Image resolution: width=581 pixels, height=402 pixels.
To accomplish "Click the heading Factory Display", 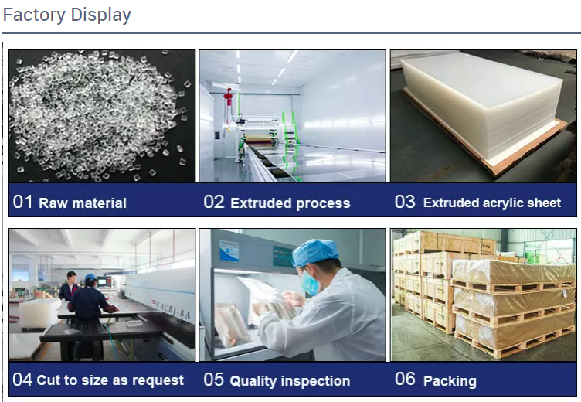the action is [x=67, y=15].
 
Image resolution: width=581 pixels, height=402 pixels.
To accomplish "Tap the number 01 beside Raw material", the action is [x=22, y=202].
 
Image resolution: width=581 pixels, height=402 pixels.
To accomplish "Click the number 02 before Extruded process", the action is [x=214, y=202].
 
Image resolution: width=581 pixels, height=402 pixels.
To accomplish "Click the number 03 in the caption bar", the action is [x=405, y=202].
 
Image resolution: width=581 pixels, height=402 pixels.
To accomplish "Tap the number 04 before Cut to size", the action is [x=22, y=380].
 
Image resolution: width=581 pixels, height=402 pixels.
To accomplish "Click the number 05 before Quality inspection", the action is [x=214, y=380].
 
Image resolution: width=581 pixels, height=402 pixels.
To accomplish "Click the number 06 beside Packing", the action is [x=405, y=379].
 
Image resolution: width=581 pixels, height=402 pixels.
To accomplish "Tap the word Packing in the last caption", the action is [x=450, y=381].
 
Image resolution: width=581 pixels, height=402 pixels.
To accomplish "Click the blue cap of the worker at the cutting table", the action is [x=90, y=278].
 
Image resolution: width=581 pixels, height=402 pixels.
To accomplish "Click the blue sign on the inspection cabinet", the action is [x=229, y=250].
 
